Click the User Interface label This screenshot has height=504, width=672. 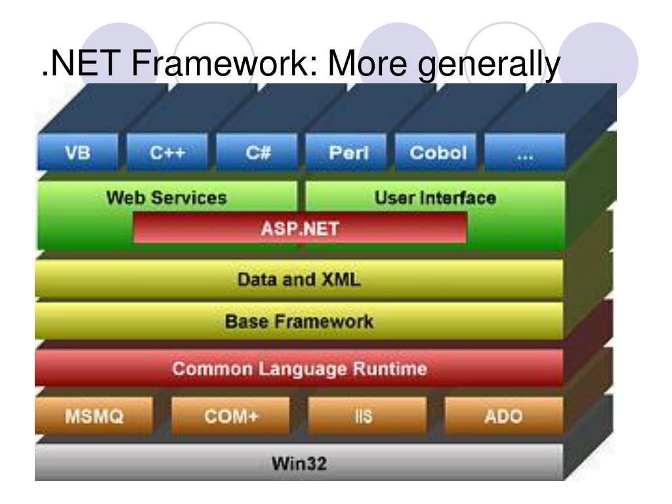click(434, 198)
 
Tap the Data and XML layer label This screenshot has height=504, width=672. click(299, 280)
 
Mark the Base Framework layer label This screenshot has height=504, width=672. click(299, 322)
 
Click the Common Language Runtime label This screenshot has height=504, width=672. click(299, 369)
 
